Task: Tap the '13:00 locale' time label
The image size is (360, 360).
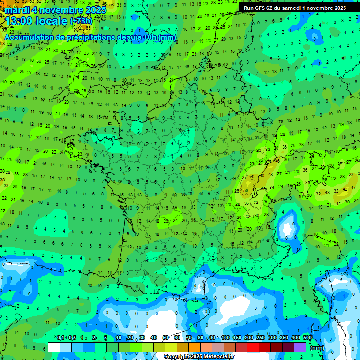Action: pyautogui.click(x=36, y=21)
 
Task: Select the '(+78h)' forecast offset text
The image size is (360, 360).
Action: pyautogui.click(x=81, y=21)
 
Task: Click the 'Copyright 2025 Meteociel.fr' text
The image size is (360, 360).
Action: pyautogui.click(x=199, y=357)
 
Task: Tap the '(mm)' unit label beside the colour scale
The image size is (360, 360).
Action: pyautogui.click(x=317, y=348)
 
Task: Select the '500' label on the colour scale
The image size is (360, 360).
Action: pyautogui.click(x=307, y=338)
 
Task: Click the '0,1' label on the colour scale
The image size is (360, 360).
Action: pyautogui.click(x=60, y=338)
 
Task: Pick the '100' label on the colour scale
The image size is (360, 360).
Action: pyautogui.click(x=225, y=338)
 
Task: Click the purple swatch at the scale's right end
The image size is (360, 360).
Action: pyautogui.click(x=300, y=347)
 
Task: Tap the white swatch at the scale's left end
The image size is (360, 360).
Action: pyautogui.click(x=54, y=347)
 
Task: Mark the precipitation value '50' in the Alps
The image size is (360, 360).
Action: pyautogui.click(x=246, y=191)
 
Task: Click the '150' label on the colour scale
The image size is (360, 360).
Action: pyautogui.click(x=237, y=338)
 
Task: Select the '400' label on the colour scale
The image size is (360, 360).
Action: pyautogui.click(x=296, y=338)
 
